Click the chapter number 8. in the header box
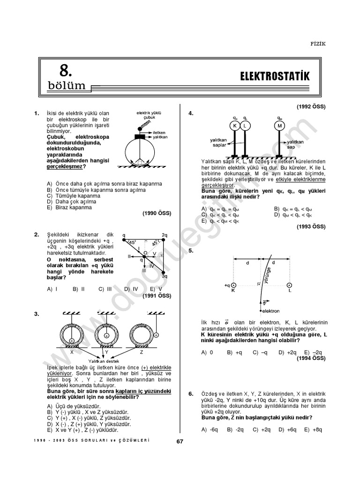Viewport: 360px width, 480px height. (x=65, y=70)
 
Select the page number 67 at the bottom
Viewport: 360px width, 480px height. (x=180, y=441)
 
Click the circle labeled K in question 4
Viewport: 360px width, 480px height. (x=235, y=126)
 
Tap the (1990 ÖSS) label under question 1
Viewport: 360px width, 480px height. (x=157, y=213)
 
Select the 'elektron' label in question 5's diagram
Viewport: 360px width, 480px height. (x=270, y=311)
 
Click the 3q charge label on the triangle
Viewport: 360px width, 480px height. (x=165, y=276)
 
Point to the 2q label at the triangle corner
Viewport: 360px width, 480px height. (x=164, y=235)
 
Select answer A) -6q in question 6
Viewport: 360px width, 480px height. (x=210, y=429)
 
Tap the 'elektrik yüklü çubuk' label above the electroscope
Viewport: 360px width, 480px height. (x=149, y=115)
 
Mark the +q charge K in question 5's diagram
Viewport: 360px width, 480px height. (x=234, y=285)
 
